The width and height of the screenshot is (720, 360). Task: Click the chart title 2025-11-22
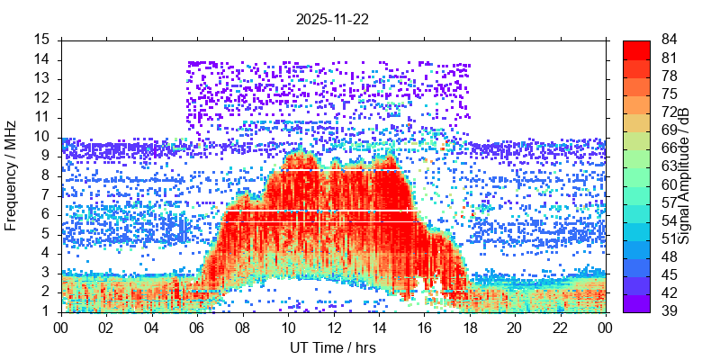(333, 18)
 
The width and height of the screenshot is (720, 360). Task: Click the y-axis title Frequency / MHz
(12, 175)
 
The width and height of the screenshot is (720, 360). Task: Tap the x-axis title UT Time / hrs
(333, 347)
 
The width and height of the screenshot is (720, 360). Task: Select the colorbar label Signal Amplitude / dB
(684, 175)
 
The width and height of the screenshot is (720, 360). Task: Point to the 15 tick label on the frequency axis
(41, 40)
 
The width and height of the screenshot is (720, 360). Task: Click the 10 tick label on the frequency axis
(41, 137)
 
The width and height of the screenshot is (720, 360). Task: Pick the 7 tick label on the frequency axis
(45, 194)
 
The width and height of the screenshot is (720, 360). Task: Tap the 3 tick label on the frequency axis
(45, 273)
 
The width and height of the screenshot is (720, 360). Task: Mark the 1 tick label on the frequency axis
(45, 311)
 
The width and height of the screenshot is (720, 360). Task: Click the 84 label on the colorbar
(670, 40)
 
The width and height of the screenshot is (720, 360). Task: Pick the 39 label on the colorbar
(670, 310)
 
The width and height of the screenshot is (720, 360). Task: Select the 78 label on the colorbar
(670, 76)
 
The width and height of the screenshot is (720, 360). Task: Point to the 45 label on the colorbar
(670, 274)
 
